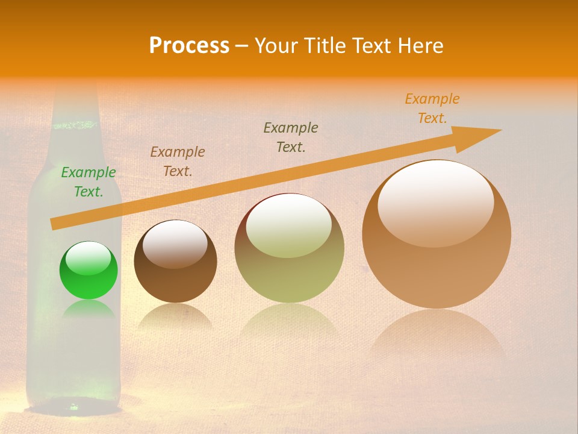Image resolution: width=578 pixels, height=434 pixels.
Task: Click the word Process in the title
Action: click(189, 46)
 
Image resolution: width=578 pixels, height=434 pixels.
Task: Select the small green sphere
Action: click(89, 271)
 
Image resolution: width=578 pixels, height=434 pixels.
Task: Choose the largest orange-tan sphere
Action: click(437, 235)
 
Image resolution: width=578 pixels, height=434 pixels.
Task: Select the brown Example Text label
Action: click(177, 161)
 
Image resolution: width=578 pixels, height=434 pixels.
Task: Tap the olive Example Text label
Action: click(290, 137)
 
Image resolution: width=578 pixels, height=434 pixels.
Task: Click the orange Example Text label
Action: click(432, 108)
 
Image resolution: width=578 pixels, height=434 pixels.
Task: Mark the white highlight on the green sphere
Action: click(88, 258)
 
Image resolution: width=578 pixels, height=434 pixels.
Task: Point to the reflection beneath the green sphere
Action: click(89, 310)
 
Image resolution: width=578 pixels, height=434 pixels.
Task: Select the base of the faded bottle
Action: click(75, 404)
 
